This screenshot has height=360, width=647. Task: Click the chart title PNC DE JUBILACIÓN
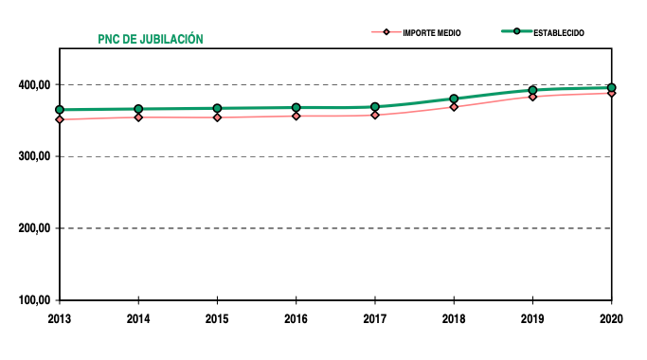pos(151,40)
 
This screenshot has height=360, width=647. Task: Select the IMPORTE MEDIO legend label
pos(432,32)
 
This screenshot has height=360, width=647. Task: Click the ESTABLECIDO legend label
pos(558,32)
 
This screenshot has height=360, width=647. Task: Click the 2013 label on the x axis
pos(60,318)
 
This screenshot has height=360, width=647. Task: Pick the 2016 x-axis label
pos(297,318)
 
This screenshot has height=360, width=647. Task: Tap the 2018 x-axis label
pos(454,318)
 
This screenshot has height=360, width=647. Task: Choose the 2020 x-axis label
pos(612,318)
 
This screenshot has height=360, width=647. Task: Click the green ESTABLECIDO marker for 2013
pos(60,110)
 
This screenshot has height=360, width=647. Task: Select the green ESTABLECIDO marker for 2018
pos(454,99)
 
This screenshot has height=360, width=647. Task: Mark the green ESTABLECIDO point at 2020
pos(612,88)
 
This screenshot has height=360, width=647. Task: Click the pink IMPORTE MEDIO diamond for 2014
pos(138,117)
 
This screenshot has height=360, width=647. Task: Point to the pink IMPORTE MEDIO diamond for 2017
pos(375,115)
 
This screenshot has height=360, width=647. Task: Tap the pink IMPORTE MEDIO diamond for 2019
pos(532,97)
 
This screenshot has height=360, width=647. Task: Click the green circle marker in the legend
pos(516,32)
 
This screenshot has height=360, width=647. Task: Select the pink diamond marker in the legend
pos(386,32)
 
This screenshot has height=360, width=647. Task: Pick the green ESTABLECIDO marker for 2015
pos(217,108)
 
